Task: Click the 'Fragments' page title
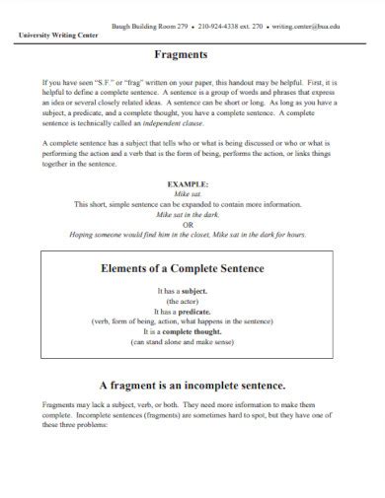(192, 55)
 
